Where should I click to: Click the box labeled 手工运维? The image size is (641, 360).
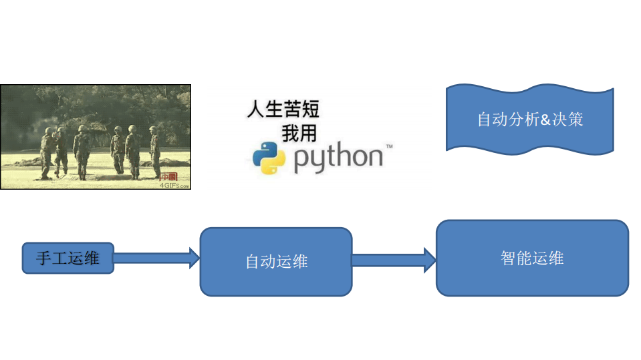(x=68, y=258)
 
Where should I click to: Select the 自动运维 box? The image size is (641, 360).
(x=276, y=261)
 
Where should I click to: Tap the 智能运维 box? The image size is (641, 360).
(x=532, y=258)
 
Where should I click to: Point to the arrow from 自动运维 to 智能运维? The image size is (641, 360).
(x=394, y=260)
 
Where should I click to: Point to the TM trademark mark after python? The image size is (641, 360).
(x=388, y=146)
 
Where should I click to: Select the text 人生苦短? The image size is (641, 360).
(x=283, y=109)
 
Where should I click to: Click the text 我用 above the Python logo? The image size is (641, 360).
(x=299, y=134)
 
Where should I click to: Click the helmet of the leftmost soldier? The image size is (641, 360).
(x=48, y=130)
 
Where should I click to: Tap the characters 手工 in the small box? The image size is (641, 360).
(x=51, y=258)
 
